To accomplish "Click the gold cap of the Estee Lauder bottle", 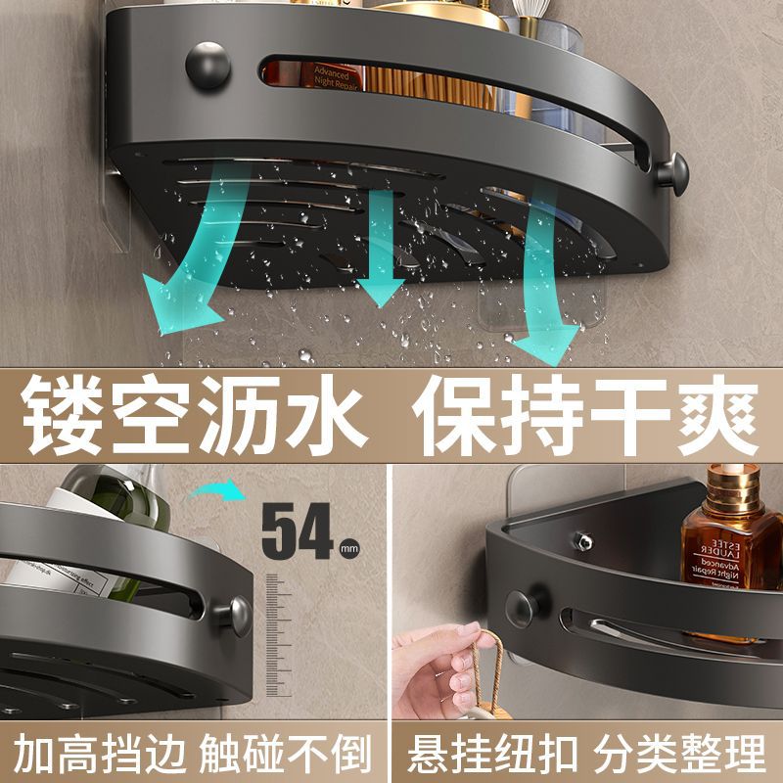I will pos(734,485).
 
